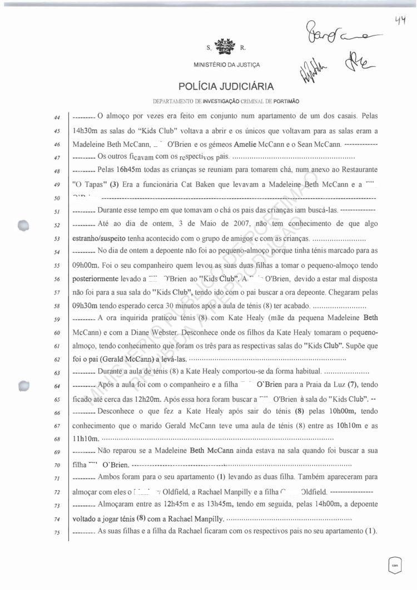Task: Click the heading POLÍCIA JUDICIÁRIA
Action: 226,86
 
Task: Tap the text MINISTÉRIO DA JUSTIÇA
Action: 226,65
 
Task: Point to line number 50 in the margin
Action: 58,198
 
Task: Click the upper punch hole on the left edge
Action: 23,225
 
